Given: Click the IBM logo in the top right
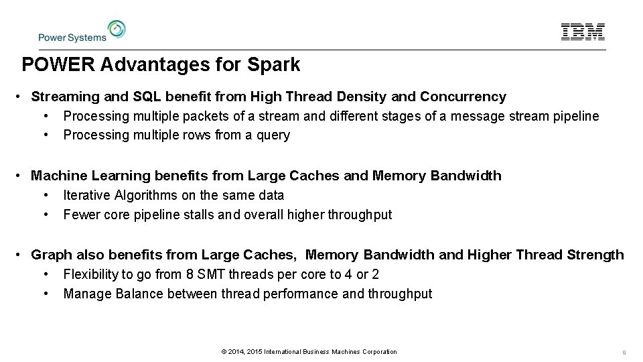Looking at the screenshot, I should (x=583, y=32).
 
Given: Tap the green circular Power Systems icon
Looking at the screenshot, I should (x=117, y=29).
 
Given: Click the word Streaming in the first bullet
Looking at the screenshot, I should (x=62, y=97).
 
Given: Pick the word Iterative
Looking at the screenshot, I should (x=87, y=195).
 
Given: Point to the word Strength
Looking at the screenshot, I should (x=595, y=255).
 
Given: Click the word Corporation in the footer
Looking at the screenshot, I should (x=377, y=352).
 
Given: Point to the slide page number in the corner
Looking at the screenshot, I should (x=623, y=352).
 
